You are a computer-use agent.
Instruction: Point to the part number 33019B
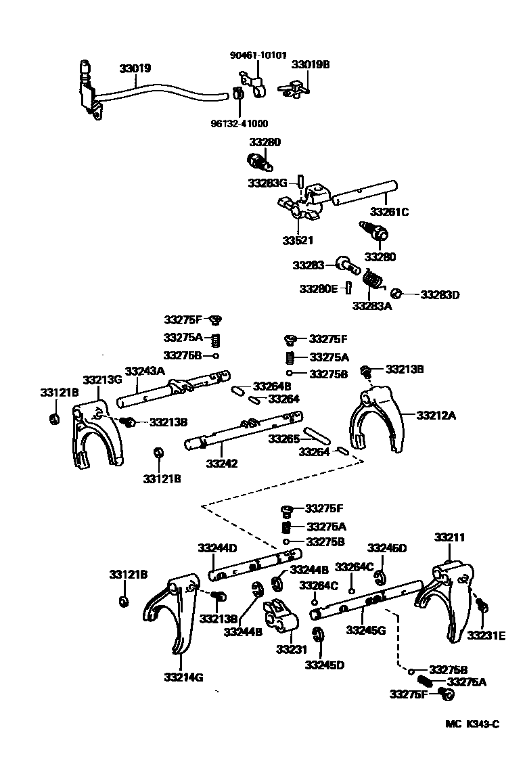coord(311,65)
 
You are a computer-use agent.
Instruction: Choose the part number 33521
coord(298,240)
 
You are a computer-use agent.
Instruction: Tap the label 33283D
coord(440,295)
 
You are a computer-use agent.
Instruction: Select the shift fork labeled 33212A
coord(375,422)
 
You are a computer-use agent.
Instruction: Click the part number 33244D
coord(216,548)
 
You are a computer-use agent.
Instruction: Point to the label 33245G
coord(365,630)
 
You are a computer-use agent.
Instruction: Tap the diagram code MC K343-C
coord(472,725)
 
